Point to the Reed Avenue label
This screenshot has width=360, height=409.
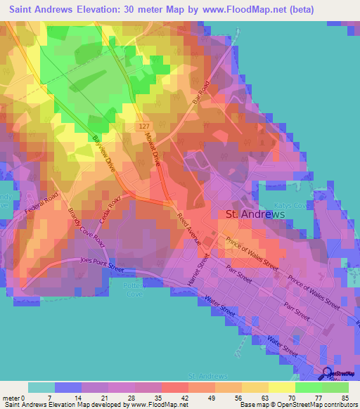pos(188,228)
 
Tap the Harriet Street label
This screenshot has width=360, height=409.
pos(204,268)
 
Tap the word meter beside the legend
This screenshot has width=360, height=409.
pos(11,398)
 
